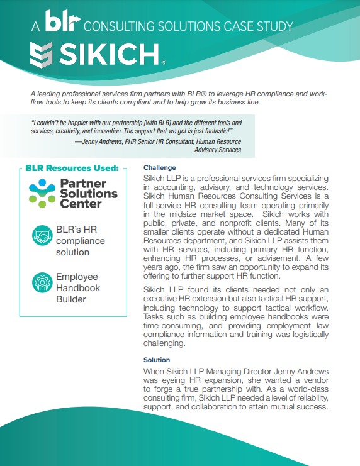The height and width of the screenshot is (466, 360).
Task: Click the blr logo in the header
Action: (x=62, y=23)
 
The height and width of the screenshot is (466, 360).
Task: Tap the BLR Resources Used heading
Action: (x=72, y=169)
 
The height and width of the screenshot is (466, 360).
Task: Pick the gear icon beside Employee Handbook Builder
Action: (x=42, y=282)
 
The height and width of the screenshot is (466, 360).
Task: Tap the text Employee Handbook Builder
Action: (x=78, y=288)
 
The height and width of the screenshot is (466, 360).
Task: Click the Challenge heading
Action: (x=159, y=168)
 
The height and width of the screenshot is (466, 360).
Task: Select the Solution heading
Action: (x=157, y=360)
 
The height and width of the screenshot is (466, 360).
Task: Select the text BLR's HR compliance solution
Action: (x=80, y=241)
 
